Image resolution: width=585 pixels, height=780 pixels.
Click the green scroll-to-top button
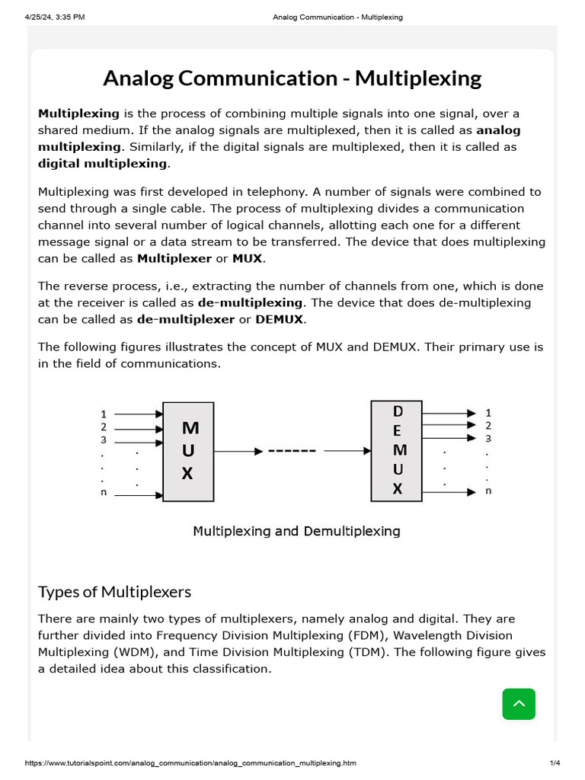tap(519, 704)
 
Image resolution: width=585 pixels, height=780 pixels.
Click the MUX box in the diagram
tap(188, 451)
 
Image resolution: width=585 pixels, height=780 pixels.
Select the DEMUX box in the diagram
tap(396, 450)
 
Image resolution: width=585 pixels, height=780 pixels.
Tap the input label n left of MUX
tap(104, 493)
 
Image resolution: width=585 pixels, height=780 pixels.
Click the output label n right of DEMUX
tap(488, 491)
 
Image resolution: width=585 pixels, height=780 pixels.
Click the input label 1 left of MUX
tap(104, 414)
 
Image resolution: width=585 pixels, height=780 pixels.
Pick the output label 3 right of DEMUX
tap(488, 438)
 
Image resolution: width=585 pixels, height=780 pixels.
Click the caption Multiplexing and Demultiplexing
tap(296, 531)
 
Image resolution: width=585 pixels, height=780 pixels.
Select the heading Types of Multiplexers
tap(114, 592)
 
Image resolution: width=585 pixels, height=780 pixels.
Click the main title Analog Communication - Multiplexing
tap(292, 78)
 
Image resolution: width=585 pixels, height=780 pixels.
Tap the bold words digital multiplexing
tap(103, 163)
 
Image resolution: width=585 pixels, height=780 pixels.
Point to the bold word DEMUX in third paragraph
tap(280, 319)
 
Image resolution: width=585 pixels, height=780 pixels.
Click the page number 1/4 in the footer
tap(555, 763)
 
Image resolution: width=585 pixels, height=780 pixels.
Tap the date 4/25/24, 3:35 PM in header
tap(54, 17)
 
